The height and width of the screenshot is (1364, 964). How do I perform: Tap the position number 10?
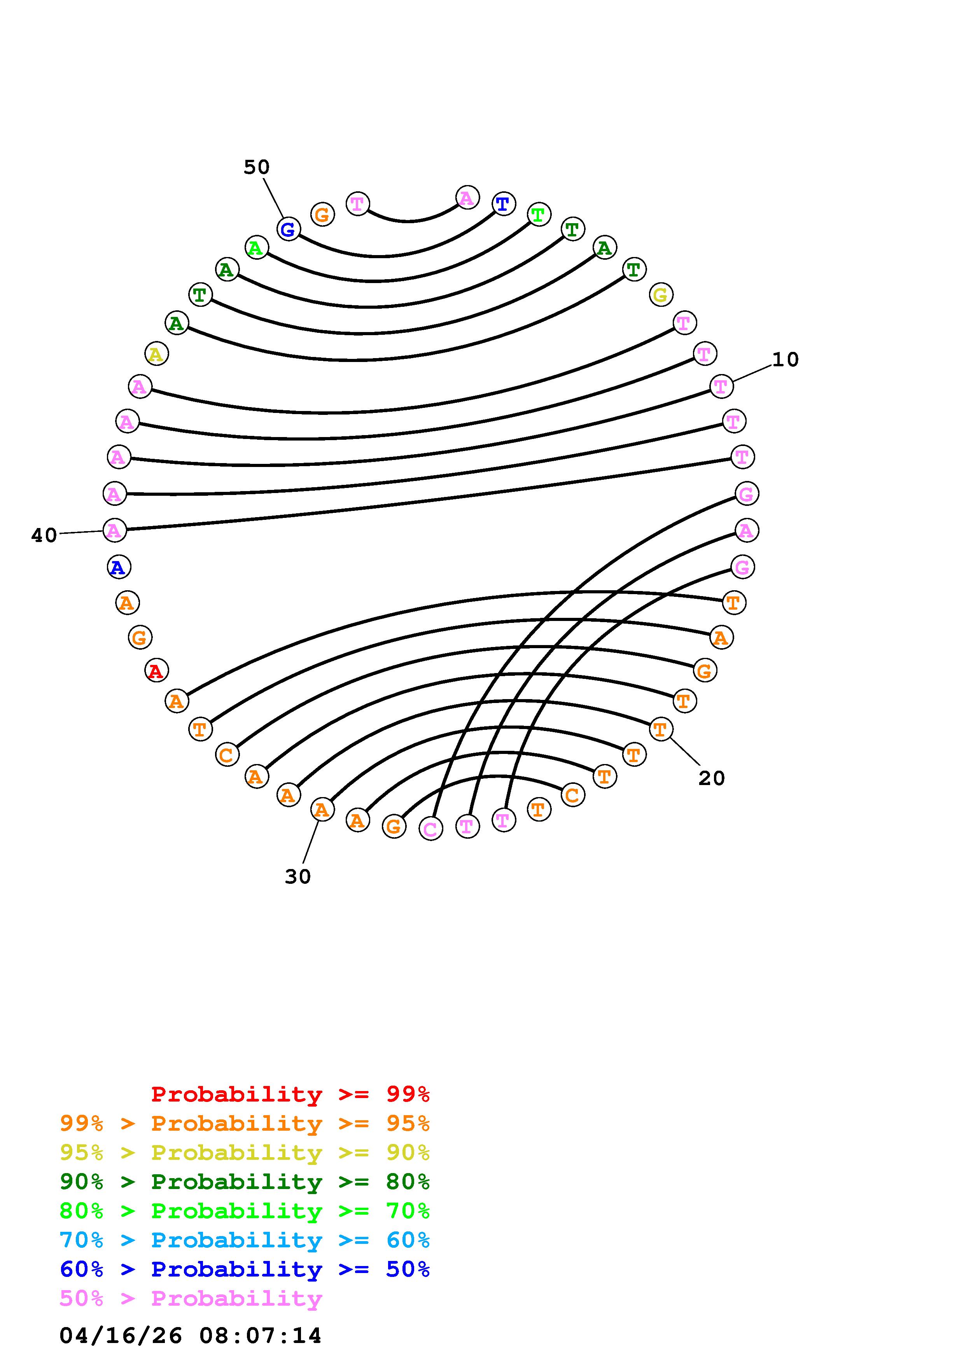785,359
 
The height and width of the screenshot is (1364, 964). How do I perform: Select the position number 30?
297,876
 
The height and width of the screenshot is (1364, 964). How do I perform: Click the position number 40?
44,535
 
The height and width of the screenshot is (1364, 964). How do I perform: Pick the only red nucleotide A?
156,671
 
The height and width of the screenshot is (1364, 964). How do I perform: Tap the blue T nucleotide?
503,204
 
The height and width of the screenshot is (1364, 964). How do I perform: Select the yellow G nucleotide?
660,294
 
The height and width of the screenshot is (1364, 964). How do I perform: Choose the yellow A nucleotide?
156,354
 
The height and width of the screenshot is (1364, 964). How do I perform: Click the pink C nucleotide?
430,828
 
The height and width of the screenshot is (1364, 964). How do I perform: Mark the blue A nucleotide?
119,567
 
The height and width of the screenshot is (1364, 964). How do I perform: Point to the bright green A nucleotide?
256,247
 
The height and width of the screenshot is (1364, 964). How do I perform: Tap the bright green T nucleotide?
538,215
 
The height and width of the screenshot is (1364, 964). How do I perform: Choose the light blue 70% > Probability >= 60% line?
244,1240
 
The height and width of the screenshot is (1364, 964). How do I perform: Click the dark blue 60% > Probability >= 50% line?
244,1270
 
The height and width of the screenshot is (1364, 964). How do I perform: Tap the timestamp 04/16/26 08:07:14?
190,1336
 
